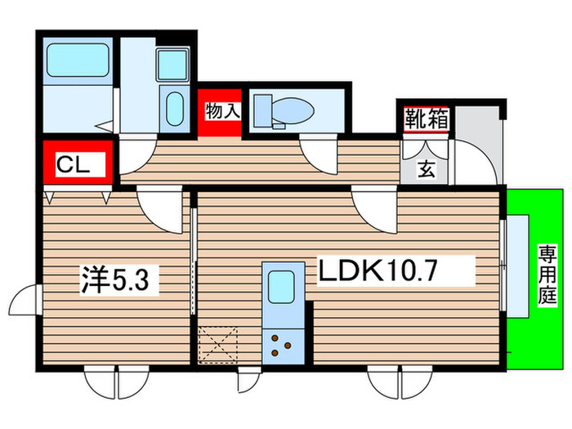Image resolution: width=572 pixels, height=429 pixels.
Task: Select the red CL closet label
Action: point(74,162)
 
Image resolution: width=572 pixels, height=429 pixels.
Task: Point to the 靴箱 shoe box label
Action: point(426,119)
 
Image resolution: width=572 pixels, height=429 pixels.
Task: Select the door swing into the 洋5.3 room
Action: point(159,208)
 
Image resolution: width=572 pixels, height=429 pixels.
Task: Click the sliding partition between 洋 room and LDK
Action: point(194,261)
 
